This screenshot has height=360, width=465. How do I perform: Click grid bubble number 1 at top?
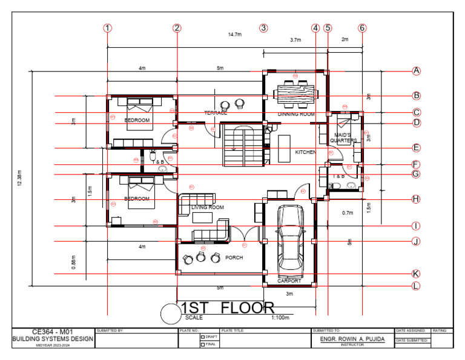[108, 28]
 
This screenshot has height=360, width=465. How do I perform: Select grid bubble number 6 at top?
[362, 28]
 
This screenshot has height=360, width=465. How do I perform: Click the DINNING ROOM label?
[296, 114]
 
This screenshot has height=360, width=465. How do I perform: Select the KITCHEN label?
[305, 153]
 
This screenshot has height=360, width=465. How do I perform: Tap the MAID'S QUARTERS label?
[343, 138]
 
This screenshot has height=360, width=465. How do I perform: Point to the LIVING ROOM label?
[208, 207]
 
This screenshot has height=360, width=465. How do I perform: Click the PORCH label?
[234, 258]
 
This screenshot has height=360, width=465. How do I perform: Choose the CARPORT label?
[289, 281]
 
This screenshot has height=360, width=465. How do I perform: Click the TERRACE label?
[216, 113]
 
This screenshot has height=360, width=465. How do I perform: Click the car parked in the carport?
[289, 238]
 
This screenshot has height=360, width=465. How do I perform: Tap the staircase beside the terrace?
[242, 145]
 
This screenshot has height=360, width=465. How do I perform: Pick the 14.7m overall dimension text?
[235, 35]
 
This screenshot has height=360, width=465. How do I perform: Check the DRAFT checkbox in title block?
[203, 337]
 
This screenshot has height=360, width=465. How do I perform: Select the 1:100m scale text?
[280, 317]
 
